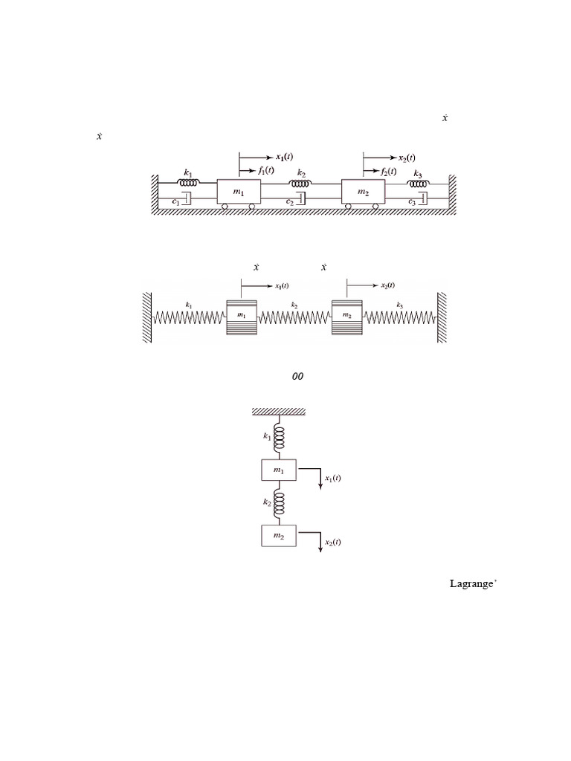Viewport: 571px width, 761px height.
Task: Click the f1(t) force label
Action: click(x=265, y=170)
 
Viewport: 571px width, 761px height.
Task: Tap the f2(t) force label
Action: click(x=390, y=171)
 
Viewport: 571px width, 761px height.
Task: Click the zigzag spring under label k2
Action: click(x=294, y=318)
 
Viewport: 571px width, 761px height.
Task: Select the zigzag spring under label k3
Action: click(x=400, y=318)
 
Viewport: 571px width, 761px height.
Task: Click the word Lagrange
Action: click(x=471, y=584)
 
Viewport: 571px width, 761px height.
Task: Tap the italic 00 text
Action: click(x=297, y=377)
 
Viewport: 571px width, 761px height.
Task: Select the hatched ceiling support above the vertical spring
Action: click(x=280, y=411)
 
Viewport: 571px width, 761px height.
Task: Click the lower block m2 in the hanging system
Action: click(x=279, y=536)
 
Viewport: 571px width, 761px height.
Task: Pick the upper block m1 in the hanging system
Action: click(x=279, y=470)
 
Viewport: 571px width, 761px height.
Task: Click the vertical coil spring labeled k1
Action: click(x=280, y=438)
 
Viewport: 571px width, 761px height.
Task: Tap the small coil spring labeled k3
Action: click(x=416, y=182)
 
